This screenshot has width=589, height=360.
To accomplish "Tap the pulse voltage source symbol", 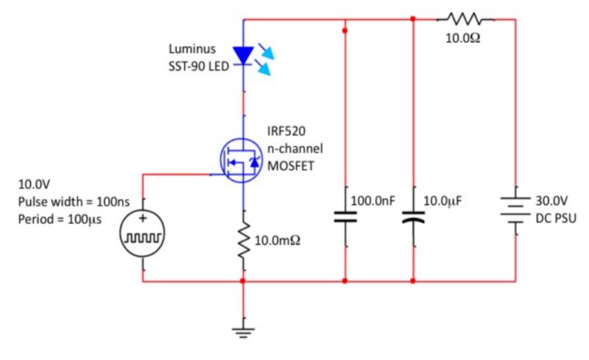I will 143,235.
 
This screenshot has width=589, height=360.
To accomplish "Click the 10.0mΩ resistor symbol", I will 242,240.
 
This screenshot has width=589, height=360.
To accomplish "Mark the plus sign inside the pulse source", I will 143,219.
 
